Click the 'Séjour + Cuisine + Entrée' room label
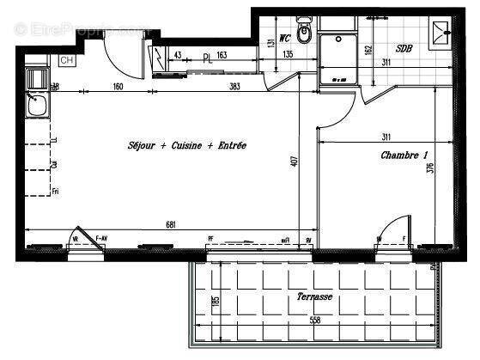coord(186,146)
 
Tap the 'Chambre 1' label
coord(404,156)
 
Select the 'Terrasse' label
coord(314,296)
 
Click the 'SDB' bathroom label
coord(404,49)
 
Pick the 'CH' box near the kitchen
coord(65,60)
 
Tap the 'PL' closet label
coord(207,58)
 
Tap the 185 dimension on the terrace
coord(216,302)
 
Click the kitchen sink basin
coord(37,107)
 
